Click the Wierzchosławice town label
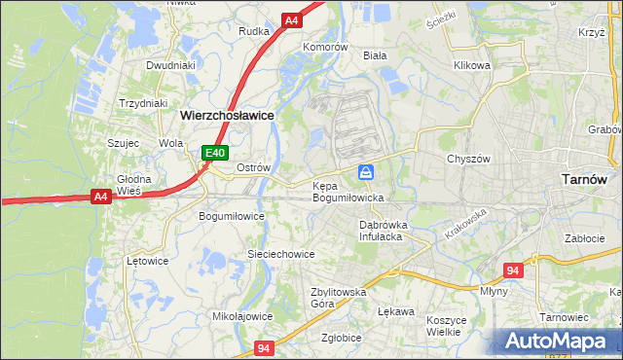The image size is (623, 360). (x=227, y=115)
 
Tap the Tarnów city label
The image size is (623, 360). (x=585, y=179)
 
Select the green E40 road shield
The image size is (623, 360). (x=215, y=153)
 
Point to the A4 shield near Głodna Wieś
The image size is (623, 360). (x=99, y=197)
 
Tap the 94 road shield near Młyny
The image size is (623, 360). (x=514, y=270)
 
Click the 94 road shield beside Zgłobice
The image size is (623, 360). (x=265, y=347)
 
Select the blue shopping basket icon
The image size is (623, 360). (x=365, y=172)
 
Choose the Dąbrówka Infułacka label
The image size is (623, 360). (x=382, y=230)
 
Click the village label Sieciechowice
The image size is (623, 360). (x=280, y=254)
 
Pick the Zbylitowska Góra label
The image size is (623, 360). (x=337, y=297)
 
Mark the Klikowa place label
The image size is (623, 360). (x=471, y=65)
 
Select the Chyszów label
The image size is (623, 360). (x=466, y=159)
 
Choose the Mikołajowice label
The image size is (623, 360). (x=242, y=316)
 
